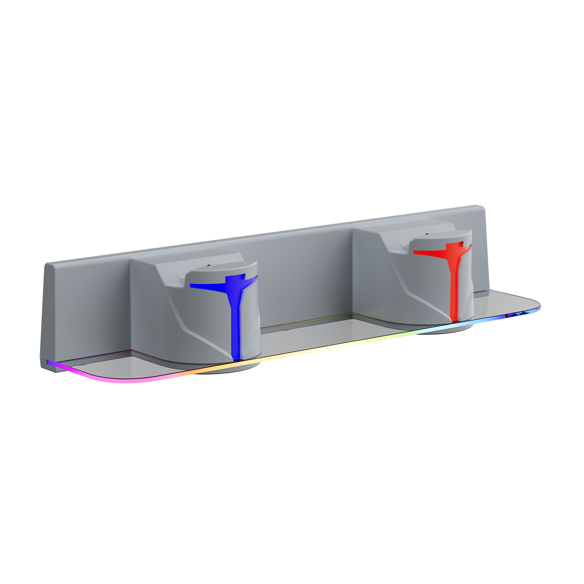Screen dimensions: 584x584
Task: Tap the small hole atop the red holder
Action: [427, 234]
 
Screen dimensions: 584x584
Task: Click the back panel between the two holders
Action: [304, 280]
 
